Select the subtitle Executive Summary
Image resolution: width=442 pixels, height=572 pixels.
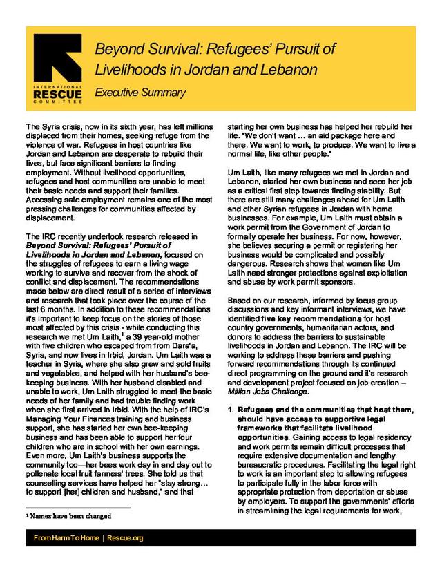(140, 93)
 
